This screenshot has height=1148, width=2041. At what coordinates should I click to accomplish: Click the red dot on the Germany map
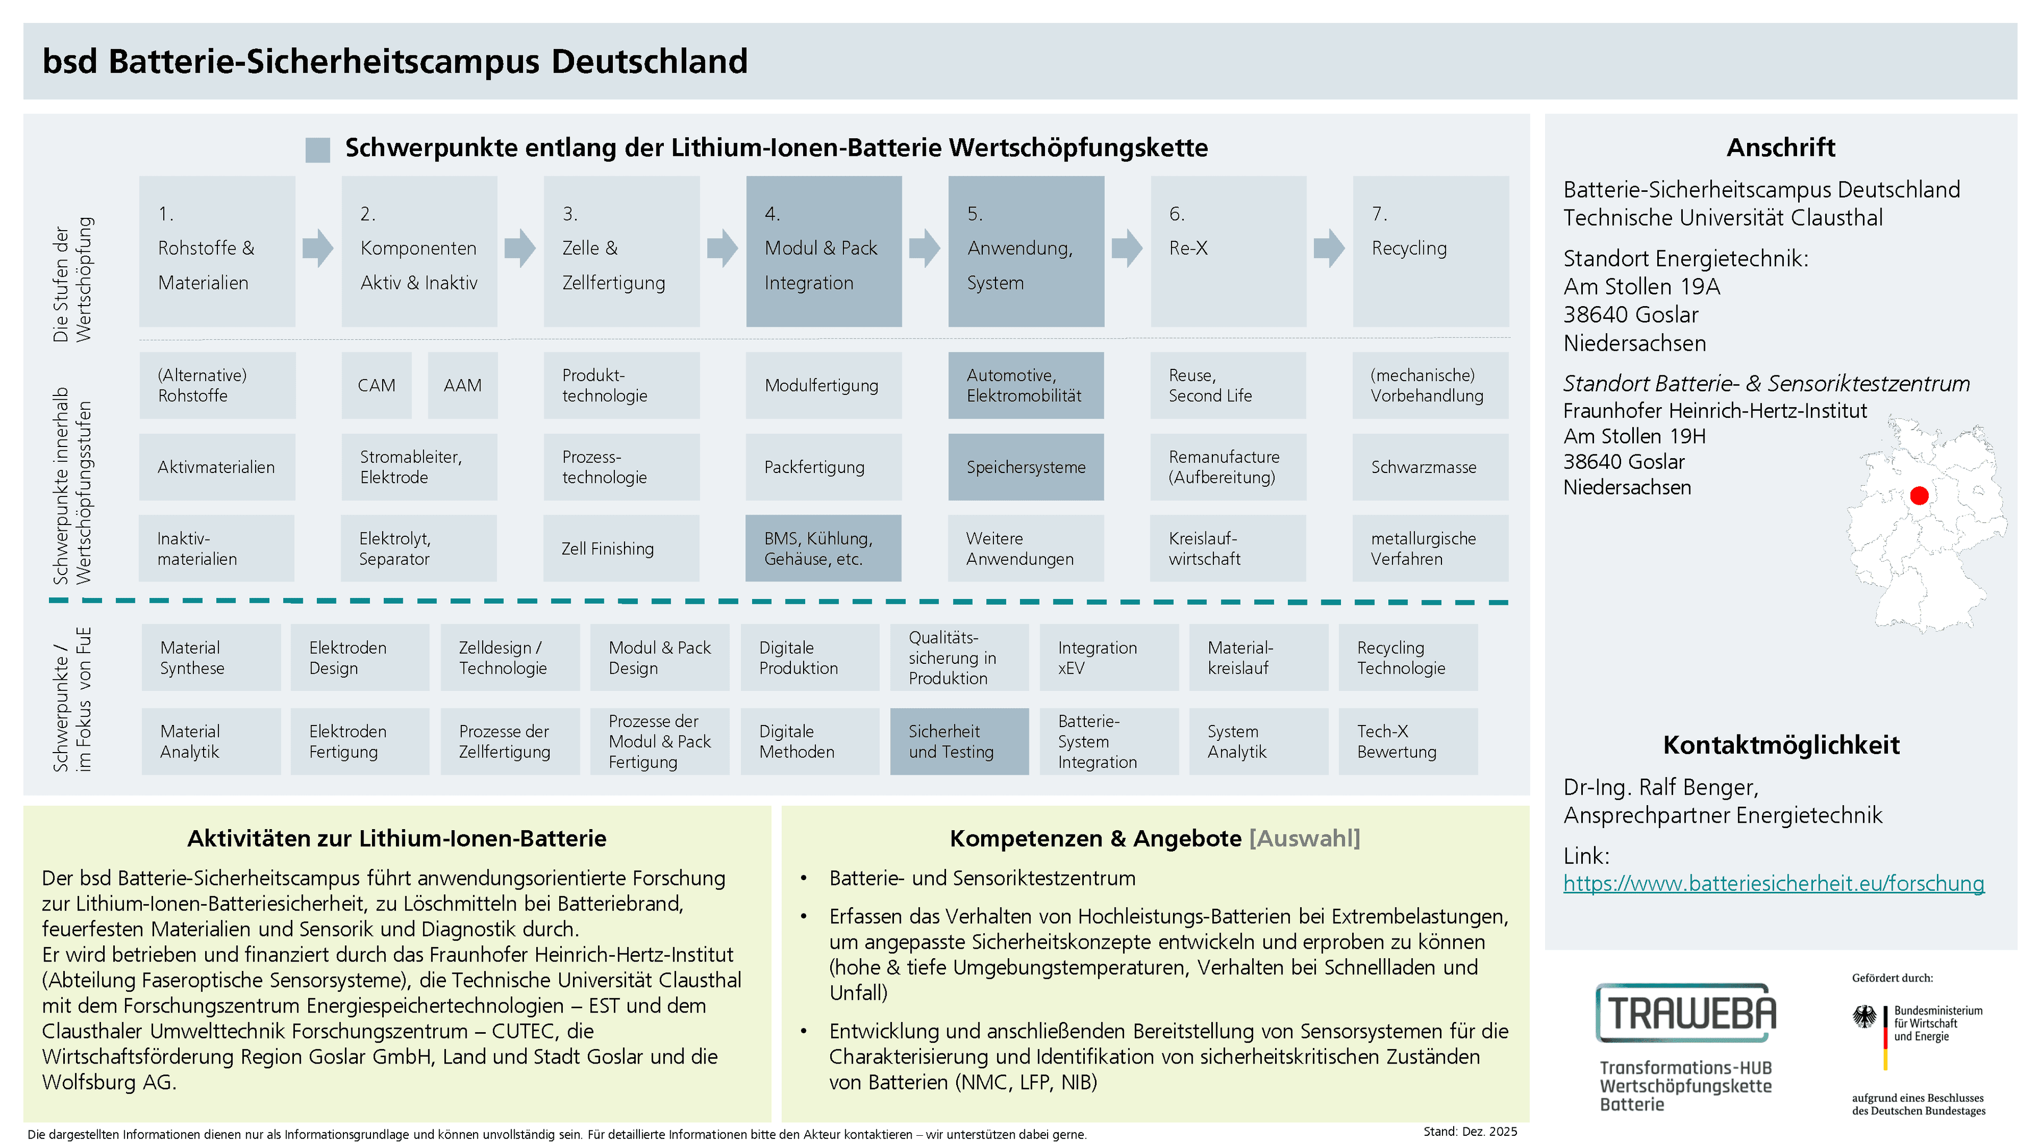click(1919, 496)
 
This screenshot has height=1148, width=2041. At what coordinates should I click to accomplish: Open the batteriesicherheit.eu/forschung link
click(1773, 883)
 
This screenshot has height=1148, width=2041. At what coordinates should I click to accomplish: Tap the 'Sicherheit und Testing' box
click(959, 741)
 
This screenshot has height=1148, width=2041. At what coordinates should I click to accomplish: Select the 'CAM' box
click(376, 385)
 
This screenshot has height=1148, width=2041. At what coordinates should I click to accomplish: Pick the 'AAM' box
click(463, 385)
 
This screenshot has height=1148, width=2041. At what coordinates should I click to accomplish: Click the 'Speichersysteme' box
click(1026, 467)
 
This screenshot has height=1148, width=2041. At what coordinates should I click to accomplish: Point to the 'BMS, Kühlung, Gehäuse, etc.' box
click(823, 548)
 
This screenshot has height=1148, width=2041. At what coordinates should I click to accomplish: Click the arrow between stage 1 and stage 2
click(318, 248)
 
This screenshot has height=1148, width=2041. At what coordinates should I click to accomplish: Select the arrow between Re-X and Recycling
click(1329, 248)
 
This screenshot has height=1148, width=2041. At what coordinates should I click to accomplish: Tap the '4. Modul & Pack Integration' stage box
click(824, 251)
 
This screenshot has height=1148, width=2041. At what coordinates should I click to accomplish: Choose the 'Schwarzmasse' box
click(1430, 467)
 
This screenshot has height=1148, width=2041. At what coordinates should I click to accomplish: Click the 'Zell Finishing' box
click(621, 548)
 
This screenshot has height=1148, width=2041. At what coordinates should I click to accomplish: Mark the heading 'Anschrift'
click(1781, 147)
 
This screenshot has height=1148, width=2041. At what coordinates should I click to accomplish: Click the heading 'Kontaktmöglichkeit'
click(1781, 745)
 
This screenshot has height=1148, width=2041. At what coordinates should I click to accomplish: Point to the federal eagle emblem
click(1865, 1017)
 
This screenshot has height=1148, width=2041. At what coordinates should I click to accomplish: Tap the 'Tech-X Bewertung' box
click(1408, 741)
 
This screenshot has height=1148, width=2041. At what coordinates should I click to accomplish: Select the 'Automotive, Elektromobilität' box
click(1026, 385)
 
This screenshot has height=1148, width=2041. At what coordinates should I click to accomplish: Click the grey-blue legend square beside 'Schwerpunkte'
click(318, 150)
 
